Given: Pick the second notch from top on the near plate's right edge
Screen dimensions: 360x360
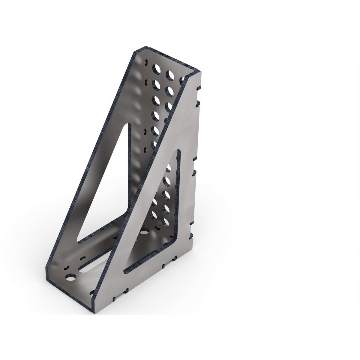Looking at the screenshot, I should pos(198,104).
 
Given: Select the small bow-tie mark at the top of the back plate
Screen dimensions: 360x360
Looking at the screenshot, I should pos(146,63).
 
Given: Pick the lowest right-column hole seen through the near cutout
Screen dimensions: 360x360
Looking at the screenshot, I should pos(165,222).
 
